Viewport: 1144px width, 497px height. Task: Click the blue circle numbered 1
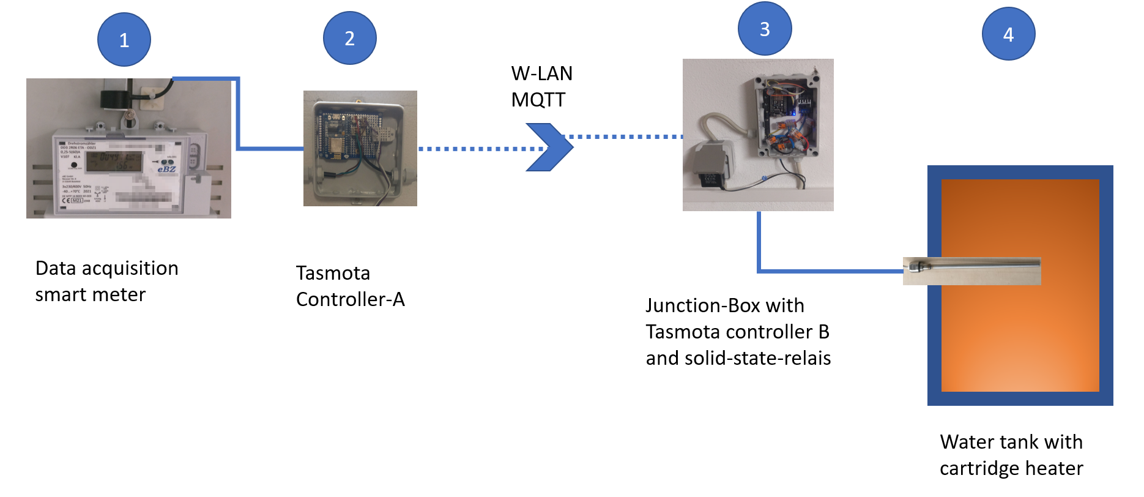pyautogui.click(x=124, y=40)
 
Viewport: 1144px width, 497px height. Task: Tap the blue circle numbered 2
pyautogui.click(x=349, y=38)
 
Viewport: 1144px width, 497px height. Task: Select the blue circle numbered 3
pyautogui.click(x=765, y=29)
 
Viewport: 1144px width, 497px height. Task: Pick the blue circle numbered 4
pyautogui.click(x=1008, y=34)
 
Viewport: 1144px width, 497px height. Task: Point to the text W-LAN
pyautogui.click(x=541, y=73)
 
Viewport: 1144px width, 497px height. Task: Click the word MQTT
pyautogui.click(x=538, y=100)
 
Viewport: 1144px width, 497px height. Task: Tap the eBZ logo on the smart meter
pyautogui.click(x=166, y=169)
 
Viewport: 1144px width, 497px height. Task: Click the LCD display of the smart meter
pyautogui.click(x=114, y=162)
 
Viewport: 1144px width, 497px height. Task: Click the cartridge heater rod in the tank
pyautogui.click(x=973, y=266)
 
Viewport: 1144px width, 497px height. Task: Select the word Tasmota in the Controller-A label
pyautogui.click(x=333, y=273)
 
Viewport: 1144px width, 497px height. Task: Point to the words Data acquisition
pyautogui.click(x=106, y=268)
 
